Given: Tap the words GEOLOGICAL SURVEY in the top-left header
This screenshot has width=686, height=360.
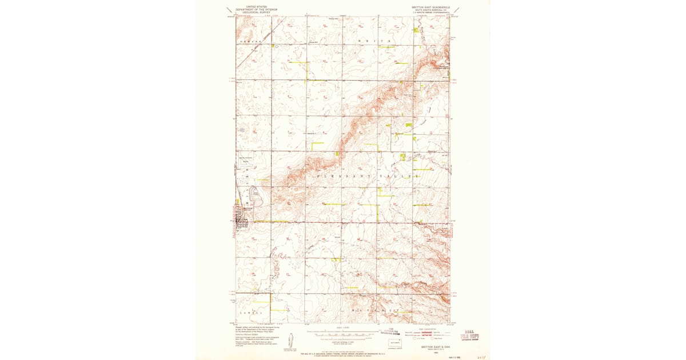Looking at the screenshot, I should pos(255,12).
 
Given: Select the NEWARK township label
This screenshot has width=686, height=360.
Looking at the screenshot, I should pos(250,42).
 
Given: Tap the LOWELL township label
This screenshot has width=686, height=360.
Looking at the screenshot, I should pos(251,313).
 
